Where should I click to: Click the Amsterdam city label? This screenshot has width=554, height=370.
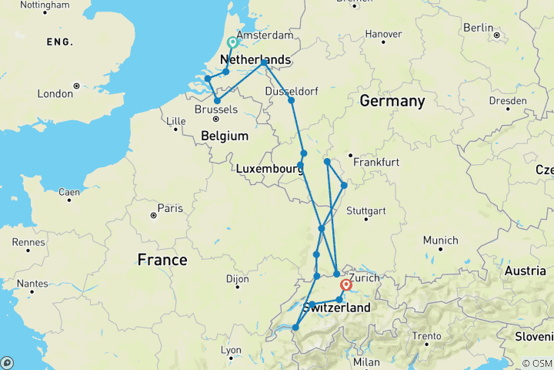coord(266,36)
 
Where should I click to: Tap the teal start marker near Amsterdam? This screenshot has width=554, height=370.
coord(233,42)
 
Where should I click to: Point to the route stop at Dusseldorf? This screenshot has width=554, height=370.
coord(291,100)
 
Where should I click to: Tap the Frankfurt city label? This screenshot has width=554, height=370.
coord(376,163)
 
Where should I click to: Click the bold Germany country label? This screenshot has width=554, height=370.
coord(392,102)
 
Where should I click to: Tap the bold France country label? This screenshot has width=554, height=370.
coord(162,260)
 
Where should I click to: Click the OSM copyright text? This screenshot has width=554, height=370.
coord(536,363)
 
